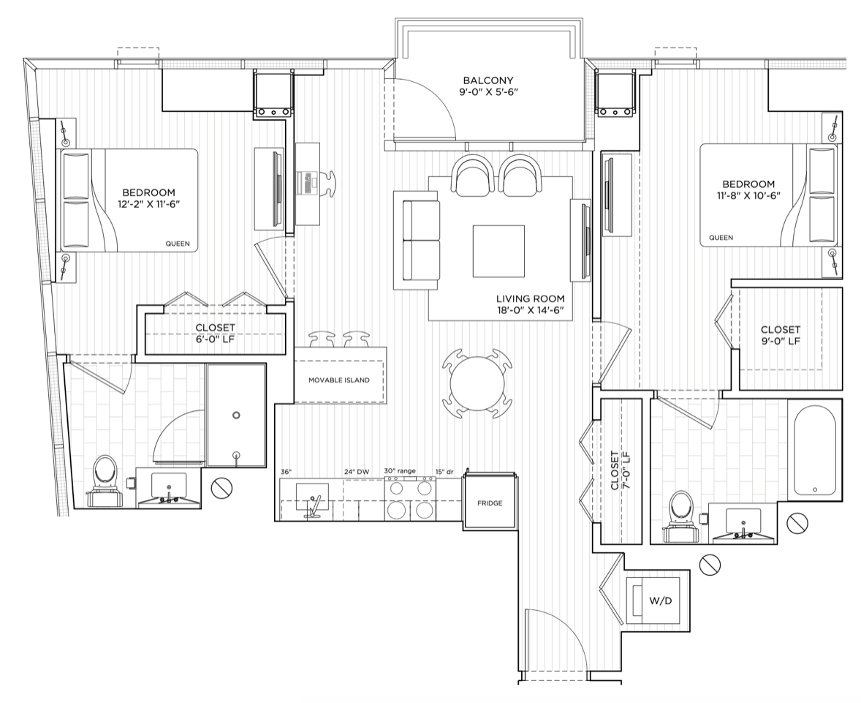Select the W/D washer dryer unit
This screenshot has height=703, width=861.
point(658,601)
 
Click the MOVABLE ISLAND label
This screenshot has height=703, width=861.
point(339,380)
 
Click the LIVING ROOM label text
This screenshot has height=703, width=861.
point(531,299)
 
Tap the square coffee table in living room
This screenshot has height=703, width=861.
point(498,251)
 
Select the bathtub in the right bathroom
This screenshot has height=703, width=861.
point(815,450)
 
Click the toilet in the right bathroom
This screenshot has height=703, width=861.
point(681,514)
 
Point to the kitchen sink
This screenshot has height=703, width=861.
point(312,497)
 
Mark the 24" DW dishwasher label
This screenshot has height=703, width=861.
point(356,472)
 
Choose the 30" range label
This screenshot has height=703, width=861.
point(400,471)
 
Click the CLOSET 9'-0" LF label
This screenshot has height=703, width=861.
point(781,335)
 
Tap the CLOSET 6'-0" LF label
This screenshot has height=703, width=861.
point(215,333)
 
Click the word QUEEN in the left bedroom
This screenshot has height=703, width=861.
point(177,244)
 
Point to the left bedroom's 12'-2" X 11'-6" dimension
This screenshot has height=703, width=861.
point(149,204)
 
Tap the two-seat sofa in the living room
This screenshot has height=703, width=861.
point(417,240)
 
